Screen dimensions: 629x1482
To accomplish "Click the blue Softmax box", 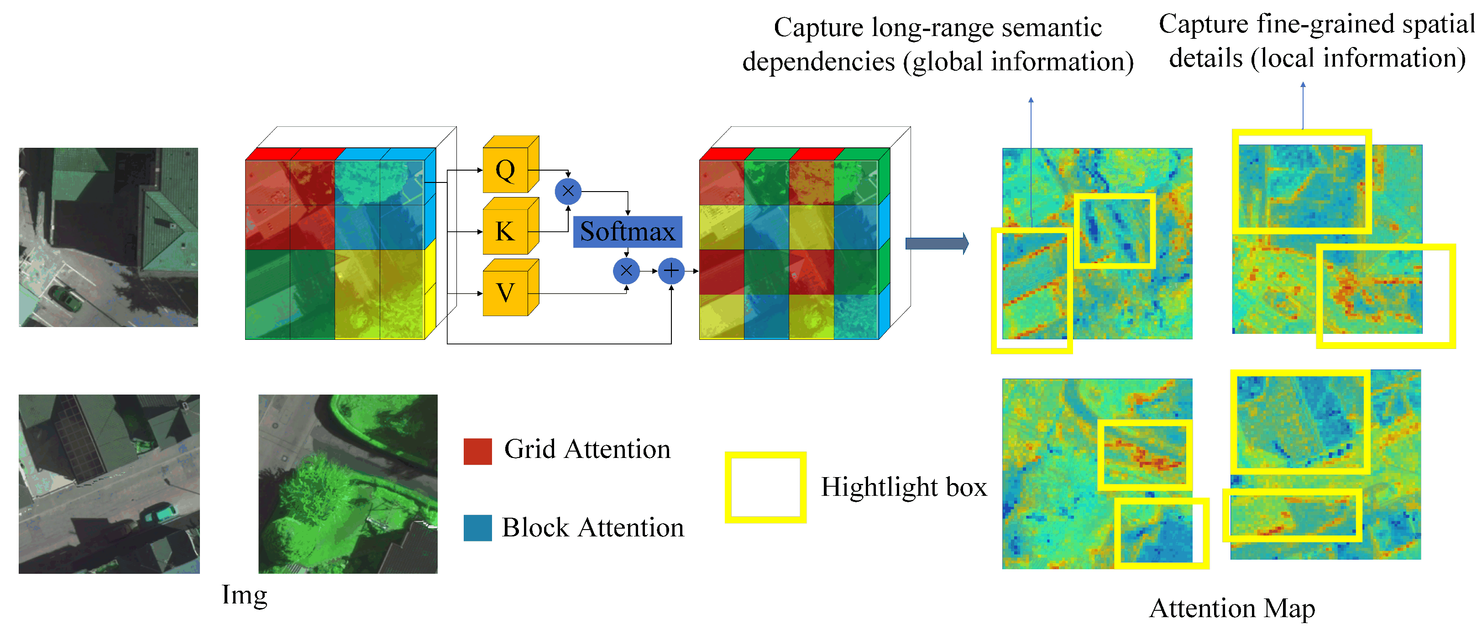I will click(627, 232).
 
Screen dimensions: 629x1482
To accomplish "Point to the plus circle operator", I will click(671, 271).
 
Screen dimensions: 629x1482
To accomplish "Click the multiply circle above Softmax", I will click(568, 192).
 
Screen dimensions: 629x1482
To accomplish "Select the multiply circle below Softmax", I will click(627, 271).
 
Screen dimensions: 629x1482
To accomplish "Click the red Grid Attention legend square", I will click(477, 452).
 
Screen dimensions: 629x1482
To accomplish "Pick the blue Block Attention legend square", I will click(477, 528).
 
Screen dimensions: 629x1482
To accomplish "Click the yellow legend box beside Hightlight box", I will click(765, 487).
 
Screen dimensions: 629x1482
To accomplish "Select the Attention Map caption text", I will click(1232, 608).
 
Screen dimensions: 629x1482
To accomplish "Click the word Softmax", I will click(627, 232).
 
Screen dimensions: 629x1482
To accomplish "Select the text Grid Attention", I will click(587, 449).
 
